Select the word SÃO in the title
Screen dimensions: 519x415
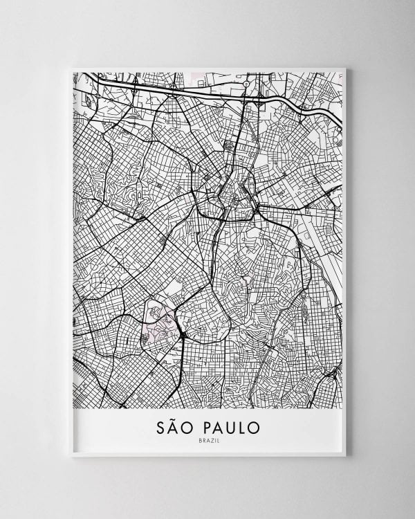click(174, 427)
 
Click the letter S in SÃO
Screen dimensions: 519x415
click(161, 427)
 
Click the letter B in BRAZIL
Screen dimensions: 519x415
click(200, 441)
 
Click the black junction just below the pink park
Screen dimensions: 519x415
click(181, 336)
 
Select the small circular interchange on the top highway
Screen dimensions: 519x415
click(246, 82)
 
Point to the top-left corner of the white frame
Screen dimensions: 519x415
click(71, 69)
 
